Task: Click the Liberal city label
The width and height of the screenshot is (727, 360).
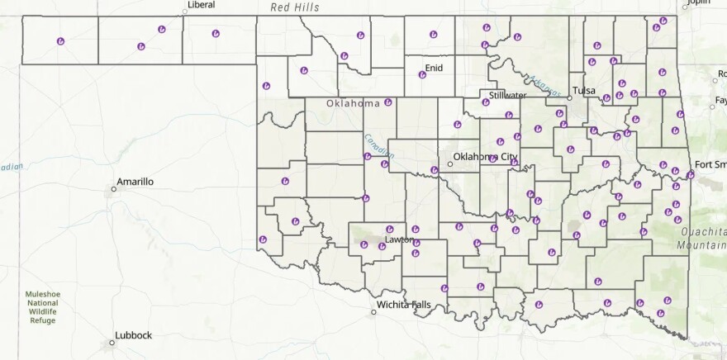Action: click(201, 5)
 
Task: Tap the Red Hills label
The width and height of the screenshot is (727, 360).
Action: click(295, 7)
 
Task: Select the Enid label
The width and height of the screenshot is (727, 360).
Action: click(434, 67)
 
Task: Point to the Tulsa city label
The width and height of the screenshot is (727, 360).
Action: click(584, 90)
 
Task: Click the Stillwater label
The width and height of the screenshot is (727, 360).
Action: click(508, 95)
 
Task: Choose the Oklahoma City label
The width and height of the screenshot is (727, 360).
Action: click(486, 156)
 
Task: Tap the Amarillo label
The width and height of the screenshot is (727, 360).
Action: click(135, 181)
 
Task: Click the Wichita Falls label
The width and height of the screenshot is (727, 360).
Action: click(404, 305)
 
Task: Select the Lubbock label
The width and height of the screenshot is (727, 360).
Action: click(134, 335)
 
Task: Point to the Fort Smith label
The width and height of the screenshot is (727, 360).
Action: click(710, 164)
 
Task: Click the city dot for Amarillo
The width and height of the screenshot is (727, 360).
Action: click(114, 189)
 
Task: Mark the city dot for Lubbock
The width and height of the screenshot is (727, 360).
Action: click(112, 342)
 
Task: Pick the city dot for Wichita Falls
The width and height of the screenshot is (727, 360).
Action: click(373, 312)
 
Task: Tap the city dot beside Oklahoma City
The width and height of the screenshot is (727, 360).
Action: click(450, 163)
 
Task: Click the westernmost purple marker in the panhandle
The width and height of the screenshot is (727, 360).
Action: click(60, 40)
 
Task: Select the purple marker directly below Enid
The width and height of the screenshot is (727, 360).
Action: click(422, 75)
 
